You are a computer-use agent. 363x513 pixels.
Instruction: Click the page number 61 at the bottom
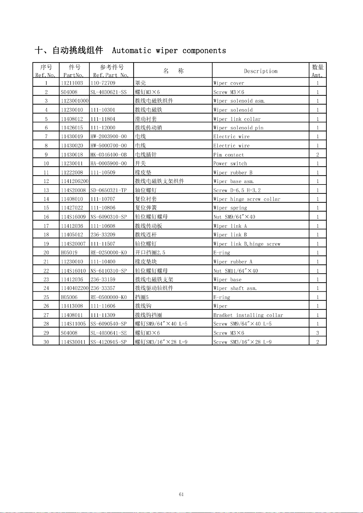coord(181,494)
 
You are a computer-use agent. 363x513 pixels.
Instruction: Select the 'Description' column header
coord(261,71)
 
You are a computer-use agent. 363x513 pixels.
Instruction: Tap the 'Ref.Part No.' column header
coord(111,75)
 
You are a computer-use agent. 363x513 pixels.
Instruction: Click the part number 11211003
coord(72,83)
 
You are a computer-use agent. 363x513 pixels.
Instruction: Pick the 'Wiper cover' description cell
coord(229,83)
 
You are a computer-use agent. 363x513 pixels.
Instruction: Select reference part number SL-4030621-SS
coord(108,92)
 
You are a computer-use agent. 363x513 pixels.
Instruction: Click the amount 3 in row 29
coord(318,333)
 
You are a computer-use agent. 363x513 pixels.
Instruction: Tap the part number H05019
coord(69,252)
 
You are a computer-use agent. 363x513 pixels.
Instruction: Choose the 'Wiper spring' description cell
coord(230,208)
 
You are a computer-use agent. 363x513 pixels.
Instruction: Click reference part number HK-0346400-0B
coord(108,155)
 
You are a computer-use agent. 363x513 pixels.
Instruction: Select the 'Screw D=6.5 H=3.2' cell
coord(237,190)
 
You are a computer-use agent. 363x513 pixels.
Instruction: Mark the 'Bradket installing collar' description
coord(248,315)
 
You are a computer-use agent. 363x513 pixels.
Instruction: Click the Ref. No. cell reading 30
coord(46,342)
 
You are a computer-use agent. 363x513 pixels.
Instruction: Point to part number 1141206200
coord(75,181)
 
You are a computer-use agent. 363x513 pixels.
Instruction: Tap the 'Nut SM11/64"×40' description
coord(235,271)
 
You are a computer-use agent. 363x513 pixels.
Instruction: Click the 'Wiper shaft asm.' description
coord(235,288)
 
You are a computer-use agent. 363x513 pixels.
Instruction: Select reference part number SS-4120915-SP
coord(108,342)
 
